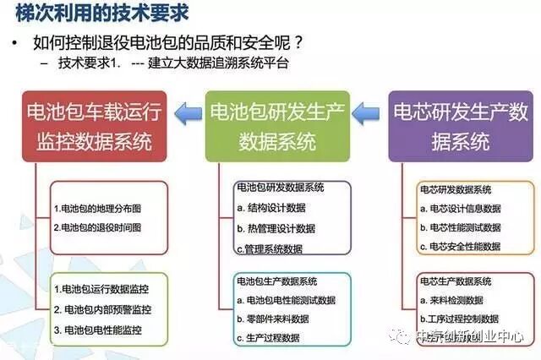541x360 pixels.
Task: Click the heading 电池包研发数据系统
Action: pos(279,188)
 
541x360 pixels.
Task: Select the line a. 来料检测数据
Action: pos(453,300)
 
